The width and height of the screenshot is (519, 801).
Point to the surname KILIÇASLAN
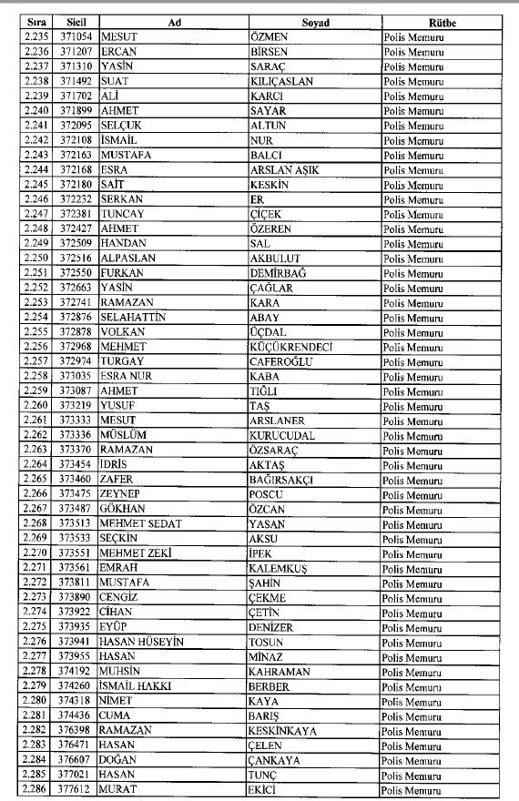[281, 81]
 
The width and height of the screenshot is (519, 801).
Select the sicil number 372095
[76, 126]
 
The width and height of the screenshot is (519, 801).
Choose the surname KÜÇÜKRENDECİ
[291, 348]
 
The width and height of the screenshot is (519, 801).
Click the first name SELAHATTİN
[135, 319]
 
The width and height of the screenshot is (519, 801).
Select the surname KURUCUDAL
[282, 436]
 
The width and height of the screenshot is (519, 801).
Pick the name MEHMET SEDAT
[141, 524]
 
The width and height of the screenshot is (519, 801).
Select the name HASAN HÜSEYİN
[143, 643]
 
